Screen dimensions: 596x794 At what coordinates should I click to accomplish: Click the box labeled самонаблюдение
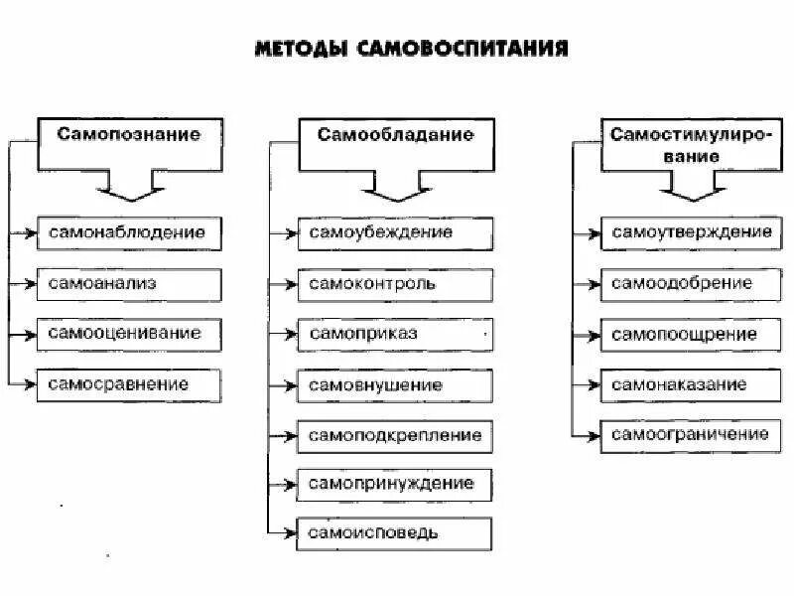(x=129, y=232)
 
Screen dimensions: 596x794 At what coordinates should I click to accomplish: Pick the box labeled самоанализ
(x=129, y=283)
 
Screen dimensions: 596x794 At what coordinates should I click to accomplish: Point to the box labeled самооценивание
(x=129, y=334)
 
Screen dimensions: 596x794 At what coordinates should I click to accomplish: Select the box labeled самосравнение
(x=129, y=383)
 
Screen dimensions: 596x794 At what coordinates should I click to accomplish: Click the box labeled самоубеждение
(x=395, y=232)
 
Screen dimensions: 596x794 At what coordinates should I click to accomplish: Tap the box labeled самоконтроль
(x=395, y=284)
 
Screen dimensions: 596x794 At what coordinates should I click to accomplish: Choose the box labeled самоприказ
(x=395, y=335)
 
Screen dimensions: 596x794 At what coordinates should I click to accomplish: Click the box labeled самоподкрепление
(x=395, y=435)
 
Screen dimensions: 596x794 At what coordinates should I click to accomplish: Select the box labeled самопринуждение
(x=395, y=485)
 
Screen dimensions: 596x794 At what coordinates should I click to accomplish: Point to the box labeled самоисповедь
(x=395, y=533)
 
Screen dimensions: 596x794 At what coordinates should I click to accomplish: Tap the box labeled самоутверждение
(x=691, y=232)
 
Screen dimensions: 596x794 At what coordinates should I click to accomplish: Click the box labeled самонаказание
(x=691, y=384)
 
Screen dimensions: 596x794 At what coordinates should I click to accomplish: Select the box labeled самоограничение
(x=691, y=434)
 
